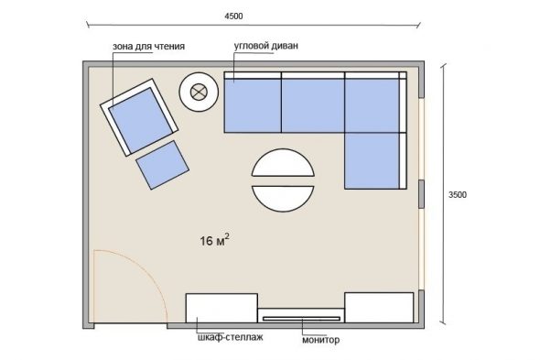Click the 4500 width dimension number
(x=233, y=16)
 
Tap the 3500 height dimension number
(x=458, y=195)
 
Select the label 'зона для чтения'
(x=149, y=46)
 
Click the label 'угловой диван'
(x=265, y=46)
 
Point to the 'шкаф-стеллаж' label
(x=231, y=337)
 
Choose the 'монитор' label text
(x=320, y=340)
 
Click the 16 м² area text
(x=214, y=240)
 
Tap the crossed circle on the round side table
(x=199, y=93)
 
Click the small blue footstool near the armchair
(x=162, y=165)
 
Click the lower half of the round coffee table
(x=283, y=197)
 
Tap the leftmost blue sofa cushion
(x=253, y=105)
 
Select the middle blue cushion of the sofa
(x=313, y=105)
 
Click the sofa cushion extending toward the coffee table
(x=372, y=160)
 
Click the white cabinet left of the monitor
(x=221, y=308)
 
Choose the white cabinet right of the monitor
(x=379, y=308)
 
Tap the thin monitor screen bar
(x=301, y=319)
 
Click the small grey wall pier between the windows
(x=421, y=194)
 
